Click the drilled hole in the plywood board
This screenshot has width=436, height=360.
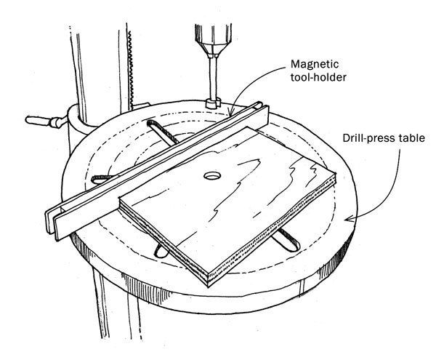point(213,176)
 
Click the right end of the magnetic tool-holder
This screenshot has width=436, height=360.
point(263,111)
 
